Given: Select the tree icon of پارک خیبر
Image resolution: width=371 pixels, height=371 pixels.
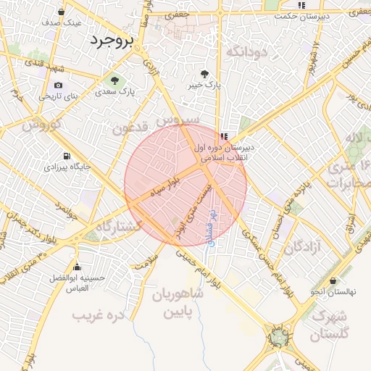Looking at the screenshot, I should point(204,74).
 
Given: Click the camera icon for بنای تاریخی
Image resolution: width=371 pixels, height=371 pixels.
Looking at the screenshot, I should point(58,85).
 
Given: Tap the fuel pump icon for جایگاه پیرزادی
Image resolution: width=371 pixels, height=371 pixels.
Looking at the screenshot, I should point(67,156).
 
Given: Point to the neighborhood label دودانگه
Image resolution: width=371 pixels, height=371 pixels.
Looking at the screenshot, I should point(246,52).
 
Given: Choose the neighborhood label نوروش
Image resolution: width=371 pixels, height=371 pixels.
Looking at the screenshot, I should point(39,125).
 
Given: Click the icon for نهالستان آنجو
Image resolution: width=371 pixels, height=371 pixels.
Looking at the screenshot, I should point(333,280).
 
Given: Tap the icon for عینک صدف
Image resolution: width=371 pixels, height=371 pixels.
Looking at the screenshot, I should point(61,12).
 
